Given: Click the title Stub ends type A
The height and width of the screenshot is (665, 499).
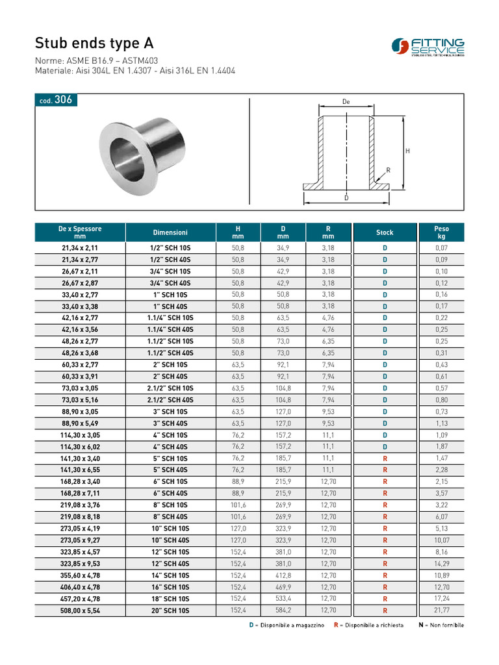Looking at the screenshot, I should click(x=95, y=44).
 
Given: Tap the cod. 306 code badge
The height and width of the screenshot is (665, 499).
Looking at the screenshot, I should click(x=55, y=100).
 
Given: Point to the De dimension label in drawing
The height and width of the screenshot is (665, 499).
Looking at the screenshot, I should click(x=346, y=102).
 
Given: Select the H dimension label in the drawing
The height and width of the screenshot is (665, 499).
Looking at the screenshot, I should click(x=407, y=151).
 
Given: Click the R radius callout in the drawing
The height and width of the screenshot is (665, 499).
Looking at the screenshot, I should click(x=388, y=170).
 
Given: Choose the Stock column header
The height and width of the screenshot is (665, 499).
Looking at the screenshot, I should click(x=385, y=232).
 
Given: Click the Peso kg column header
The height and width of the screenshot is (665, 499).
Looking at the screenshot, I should click(x=441, y=232).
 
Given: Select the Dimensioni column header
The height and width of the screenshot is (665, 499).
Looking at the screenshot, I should click(x=170, y=232).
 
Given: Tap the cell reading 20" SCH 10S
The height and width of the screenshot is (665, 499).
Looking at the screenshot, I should click(x=170, y=610).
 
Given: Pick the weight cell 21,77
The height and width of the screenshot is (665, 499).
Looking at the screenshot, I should click(x=441, y=610).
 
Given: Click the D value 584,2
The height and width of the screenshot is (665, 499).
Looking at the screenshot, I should click(x=283, y=610).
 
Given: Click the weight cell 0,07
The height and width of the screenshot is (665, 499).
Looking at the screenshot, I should click(x=441, y=248).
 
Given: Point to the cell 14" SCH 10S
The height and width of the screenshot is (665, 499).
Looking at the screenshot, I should click(x=170, y=575).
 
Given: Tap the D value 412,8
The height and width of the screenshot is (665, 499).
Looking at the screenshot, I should click(x=283, y=575).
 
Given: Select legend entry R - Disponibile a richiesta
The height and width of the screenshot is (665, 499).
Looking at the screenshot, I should click(x=368, y=625).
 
